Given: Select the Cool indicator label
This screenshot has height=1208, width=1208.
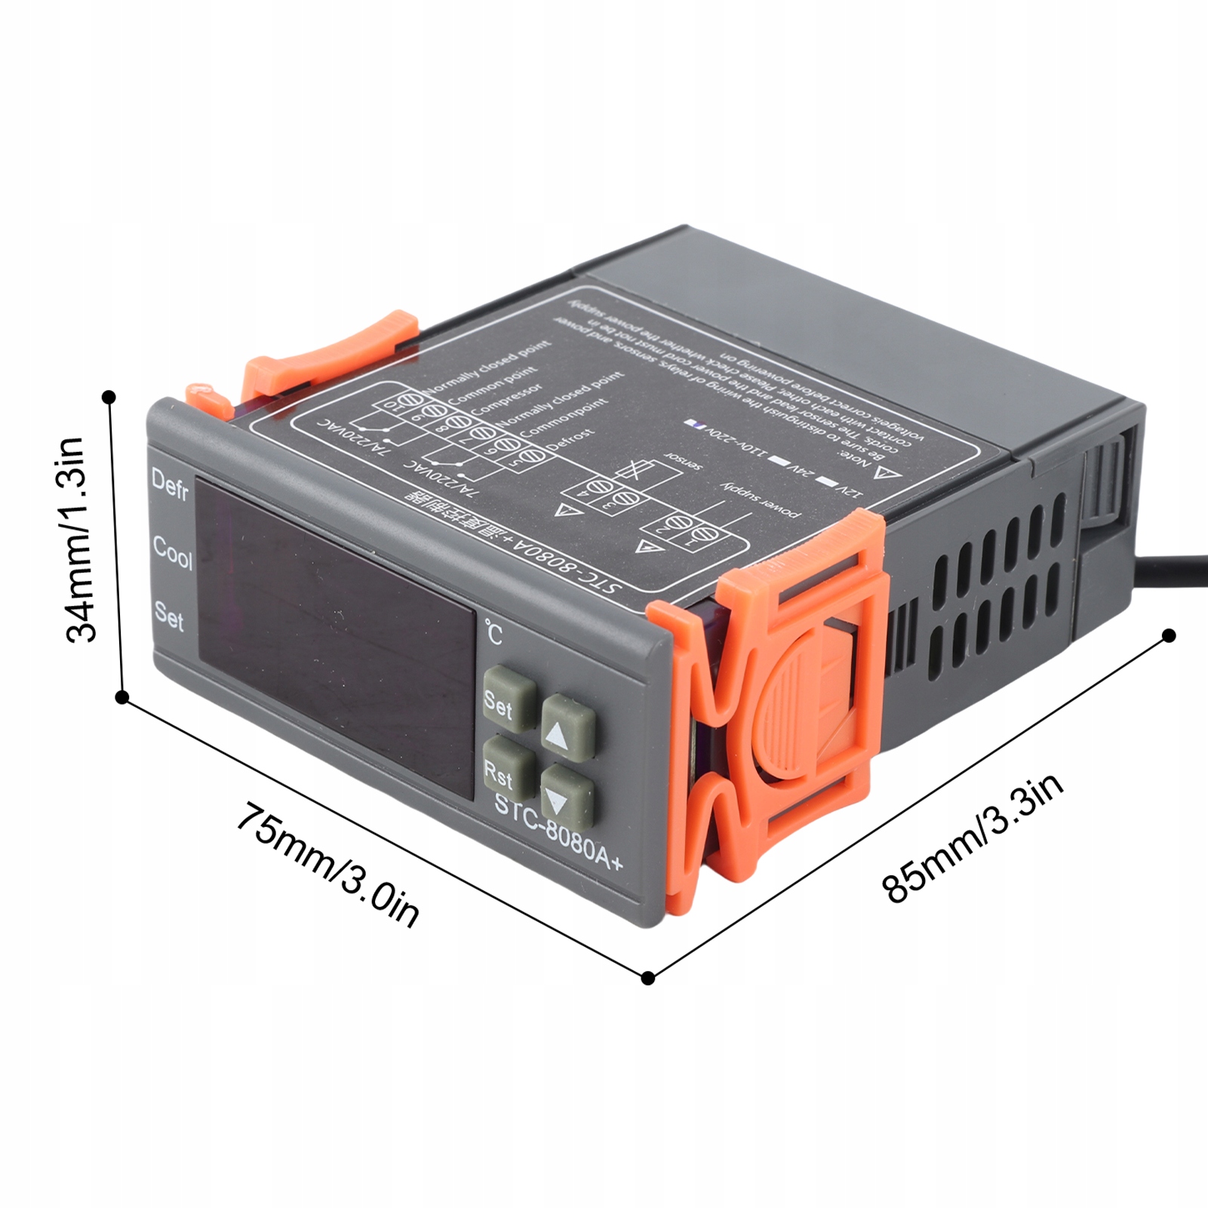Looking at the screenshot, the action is click(172, 552).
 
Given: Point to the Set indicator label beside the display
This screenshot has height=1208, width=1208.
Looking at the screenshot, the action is click(169, 615).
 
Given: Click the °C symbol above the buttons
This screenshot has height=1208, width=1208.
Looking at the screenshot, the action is click(493, 632).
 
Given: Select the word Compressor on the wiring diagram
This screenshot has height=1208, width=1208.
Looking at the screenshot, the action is click(506, 398).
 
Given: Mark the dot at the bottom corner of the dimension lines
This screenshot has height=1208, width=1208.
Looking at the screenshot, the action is click(648, 978).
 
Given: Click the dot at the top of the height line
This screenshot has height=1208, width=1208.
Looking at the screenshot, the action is click(109, 397).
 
